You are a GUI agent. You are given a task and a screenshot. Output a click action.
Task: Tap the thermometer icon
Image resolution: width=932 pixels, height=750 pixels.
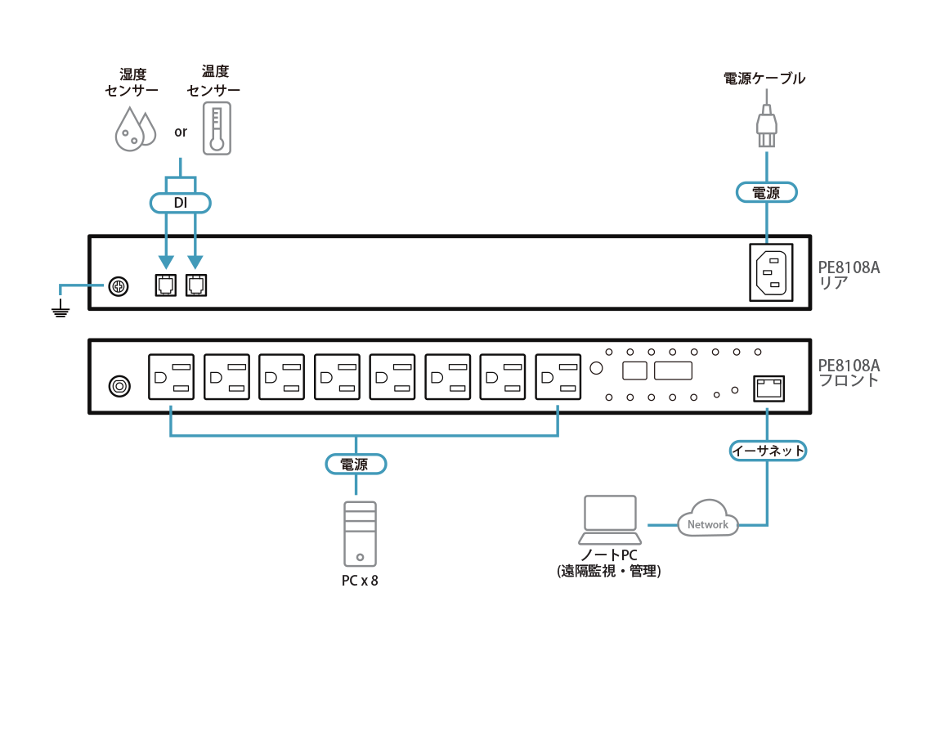pyautogui.click(x=217, y=128)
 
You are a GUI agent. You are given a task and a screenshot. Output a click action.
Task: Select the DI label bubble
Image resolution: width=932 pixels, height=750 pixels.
pyautogui.click(x=180, y=202)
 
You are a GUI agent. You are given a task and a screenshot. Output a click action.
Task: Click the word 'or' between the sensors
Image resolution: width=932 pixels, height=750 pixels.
pyautogui.click(x=181, y=132)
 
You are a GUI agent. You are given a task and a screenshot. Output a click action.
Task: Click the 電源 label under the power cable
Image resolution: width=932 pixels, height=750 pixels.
pyautogui.click(x=765, y=193)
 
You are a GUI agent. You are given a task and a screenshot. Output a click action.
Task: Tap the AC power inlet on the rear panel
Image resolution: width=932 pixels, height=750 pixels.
pyautogui.click(x=771, y=272)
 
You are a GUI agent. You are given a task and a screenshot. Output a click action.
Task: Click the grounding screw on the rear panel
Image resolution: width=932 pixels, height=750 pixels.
pyautogui.click(x=118, y=286)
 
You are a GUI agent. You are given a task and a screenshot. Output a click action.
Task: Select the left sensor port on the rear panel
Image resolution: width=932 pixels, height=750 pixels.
pyautogui.click(x=164, y=285)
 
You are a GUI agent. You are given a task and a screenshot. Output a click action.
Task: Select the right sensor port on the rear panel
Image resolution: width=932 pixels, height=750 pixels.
pyautogui.click(x=195, y=285)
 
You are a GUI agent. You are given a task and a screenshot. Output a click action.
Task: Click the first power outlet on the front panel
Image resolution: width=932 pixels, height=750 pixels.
pyautogui.click(x=170, y=377)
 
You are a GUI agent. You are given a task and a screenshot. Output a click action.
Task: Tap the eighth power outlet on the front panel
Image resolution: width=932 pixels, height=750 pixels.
pyautogui.click(x=558, y=377)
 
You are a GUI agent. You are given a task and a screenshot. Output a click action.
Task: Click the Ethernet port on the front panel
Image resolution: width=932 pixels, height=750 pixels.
pyautogui.click(x=768, y=387)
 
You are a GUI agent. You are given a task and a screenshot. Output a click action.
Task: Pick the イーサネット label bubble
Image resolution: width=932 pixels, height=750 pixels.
pyautogui.click(x=767, y=451)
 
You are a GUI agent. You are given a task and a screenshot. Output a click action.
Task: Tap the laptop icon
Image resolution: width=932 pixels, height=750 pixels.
pyautogui.click(x=611, y=519)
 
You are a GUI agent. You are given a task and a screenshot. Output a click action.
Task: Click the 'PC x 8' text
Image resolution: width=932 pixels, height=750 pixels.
pyautogui.click(x=360, y=582)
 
